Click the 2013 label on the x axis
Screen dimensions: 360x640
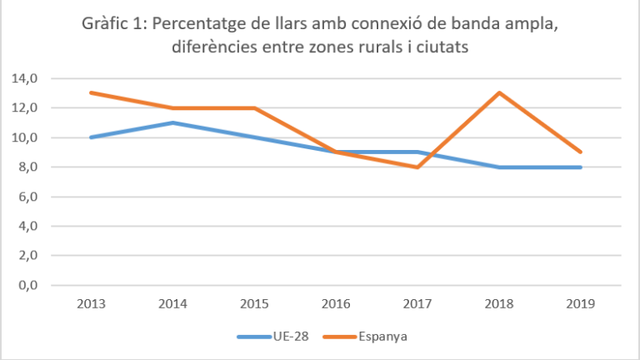click(x=90, y=304)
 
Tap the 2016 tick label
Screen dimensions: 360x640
click(x=336, y=304)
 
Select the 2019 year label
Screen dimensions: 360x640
click(x=581, y=304)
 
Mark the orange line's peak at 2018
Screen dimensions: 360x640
click(x=499, y=92)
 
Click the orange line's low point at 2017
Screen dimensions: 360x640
click(x=417, y=167)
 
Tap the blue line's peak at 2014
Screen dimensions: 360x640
click(x=172, y=122)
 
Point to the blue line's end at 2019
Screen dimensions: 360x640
click(x=581, y=167)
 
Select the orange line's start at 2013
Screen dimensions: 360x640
click(x=90, y=92)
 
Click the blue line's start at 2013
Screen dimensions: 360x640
click(x=90, y=137)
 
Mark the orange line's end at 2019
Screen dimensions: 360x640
click(x=581, y=152)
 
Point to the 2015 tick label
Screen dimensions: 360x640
click(x=254, y=304)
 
